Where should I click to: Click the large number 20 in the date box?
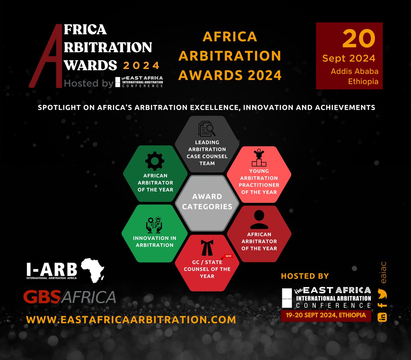tap(359, 38)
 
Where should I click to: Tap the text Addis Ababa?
tap(354, 71)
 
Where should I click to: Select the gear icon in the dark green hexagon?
tap(155, 161)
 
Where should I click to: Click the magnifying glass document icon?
tap(207, 129)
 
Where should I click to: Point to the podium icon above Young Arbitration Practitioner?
tap(259, 158)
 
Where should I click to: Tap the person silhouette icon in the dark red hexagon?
tap(259, 220)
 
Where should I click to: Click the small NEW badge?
tap(228, 256)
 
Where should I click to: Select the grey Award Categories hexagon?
tap(207, 202)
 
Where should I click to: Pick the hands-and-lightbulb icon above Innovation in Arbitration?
tap(154, 225)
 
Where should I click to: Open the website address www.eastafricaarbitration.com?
tap(131, 320)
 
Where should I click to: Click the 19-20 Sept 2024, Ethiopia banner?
tap(326, 315)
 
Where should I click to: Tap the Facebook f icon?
tap(382, 305)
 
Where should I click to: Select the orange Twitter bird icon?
tap(382, 294)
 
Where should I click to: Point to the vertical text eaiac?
tap(383, 273)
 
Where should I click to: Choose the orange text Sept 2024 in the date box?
tap(349, 58)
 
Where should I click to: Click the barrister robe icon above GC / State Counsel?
tap(207, 248)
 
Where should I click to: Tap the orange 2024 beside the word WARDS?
tap(141, 65)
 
